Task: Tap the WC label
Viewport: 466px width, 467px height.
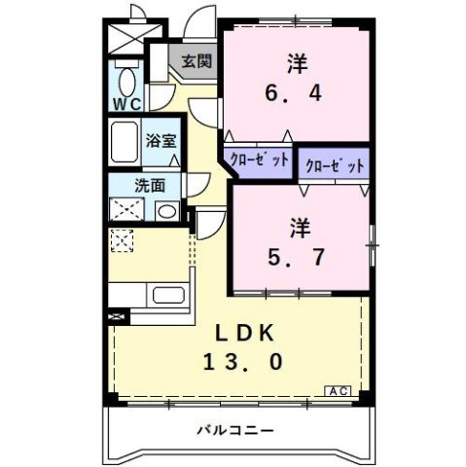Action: coord(126,103)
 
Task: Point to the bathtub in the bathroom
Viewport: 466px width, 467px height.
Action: coord(125,145)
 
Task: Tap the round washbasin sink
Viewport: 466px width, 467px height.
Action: coord(164,210)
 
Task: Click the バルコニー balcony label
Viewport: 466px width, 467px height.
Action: coord(234,429)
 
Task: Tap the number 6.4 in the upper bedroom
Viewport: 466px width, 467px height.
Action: coord(297,96)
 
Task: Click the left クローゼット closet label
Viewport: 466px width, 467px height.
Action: coord(258,161)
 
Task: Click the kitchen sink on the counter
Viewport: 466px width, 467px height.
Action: coord(168,295)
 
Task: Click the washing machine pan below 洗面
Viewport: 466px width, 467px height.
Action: coord(125,209)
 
